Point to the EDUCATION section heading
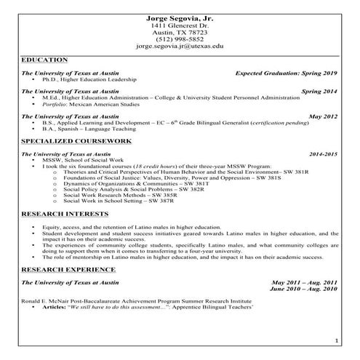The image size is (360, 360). click(45, 59)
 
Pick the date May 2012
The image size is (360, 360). click(323, 116)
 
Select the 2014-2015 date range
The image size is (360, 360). click(323, 154)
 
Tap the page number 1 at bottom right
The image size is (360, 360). click(336, 340)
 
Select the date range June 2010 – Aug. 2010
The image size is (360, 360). click(303, 289)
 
